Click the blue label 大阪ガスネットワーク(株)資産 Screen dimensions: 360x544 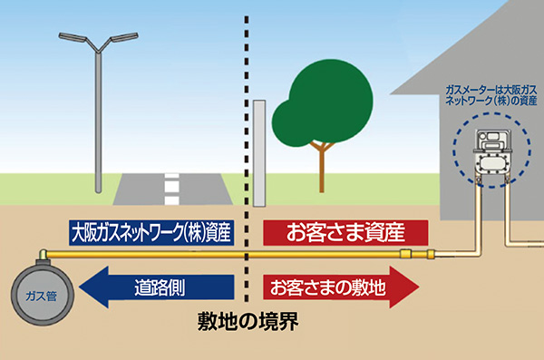(x=152, y=232)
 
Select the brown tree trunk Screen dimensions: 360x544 (x=321, y=169)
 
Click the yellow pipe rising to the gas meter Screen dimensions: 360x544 (x=478, y=218)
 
